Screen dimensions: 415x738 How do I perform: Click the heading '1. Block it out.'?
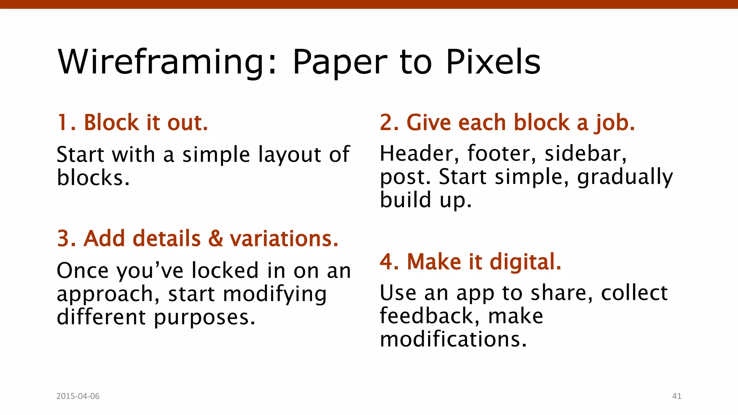tap(133, 122)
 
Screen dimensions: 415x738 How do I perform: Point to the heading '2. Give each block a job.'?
tap(507, 122)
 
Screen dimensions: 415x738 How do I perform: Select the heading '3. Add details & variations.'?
tap(198, 238)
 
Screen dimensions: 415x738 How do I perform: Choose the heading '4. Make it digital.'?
tap(470, 262)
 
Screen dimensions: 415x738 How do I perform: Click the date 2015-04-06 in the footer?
tap(78, 396)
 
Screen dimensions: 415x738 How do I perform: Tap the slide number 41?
tap(677, 396)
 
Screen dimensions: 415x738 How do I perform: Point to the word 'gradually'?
tap(625, 177)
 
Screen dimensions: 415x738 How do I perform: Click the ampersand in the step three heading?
tap(215, 238)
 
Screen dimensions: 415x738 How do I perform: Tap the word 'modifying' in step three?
tap(275, 294)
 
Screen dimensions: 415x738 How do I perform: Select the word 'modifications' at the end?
tap(453, 339)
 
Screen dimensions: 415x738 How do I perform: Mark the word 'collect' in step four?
tap(634, 293)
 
